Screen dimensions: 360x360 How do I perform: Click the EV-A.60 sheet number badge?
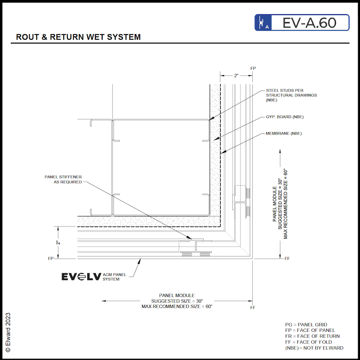click(x=302, y=22)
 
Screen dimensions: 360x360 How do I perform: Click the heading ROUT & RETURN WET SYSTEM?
click(x=78, y=37)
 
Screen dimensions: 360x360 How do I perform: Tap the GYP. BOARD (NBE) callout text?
click(x=285, y=117)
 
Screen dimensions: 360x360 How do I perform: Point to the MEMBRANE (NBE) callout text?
click(x=283, y=133)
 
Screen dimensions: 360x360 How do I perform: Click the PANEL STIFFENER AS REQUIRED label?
click(x=63, y=179)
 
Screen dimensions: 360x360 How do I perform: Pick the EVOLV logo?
click(x=81, y=277)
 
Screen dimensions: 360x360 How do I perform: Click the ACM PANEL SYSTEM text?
click(x=114, y=277)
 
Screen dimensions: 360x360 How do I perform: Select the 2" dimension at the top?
click(x=236, y=76)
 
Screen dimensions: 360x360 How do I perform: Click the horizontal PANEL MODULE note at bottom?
click(x=177, y=301)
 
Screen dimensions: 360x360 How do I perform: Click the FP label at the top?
click(x=253, y=68)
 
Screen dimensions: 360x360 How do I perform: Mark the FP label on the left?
click(x=50, y=259)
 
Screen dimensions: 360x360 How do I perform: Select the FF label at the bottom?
click(x=253, y=307)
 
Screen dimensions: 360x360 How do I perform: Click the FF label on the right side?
click(x=287, y=259)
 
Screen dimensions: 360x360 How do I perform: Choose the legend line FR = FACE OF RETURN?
click(x=312, y=336)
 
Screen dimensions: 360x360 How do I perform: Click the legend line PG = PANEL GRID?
click(x=306, y=324)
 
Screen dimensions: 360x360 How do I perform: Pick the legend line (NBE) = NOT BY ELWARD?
click(x=314, y=348)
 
